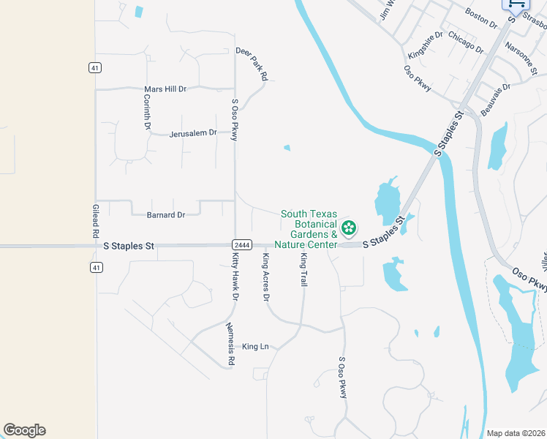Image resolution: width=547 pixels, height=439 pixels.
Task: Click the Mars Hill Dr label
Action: [165, 89]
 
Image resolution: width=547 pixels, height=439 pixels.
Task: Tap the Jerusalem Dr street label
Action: [193, 133]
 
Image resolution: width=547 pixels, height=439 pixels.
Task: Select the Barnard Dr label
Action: [165, 215]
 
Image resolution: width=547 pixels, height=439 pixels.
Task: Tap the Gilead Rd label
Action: [95, 220]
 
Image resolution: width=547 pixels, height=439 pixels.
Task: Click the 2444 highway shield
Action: [242, 244]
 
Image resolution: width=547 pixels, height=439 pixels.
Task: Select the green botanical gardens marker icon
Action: [350, 228]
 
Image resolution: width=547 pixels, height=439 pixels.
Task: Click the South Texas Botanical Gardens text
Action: [309, 224]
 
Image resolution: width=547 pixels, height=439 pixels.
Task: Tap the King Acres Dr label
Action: [266, 277]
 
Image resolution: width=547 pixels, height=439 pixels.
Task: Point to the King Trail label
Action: [303, 269]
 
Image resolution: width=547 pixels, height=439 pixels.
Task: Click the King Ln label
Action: [256, 346]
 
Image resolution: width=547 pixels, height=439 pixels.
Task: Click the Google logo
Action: [24, 430]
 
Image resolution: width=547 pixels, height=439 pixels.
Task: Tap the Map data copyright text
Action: [516, 433]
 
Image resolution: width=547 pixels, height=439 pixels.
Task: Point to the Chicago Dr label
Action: [465, 42]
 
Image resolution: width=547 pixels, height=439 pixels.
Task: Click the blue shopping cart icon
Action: [516, 4]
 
